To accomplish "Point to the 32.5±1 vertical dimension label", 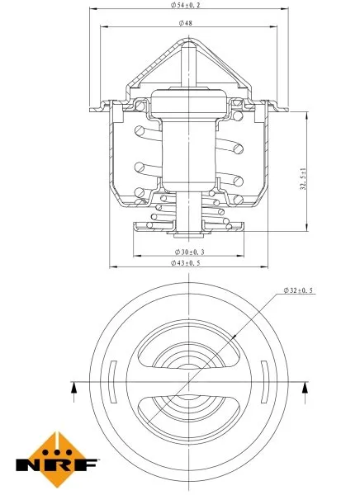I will point(305,176).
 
